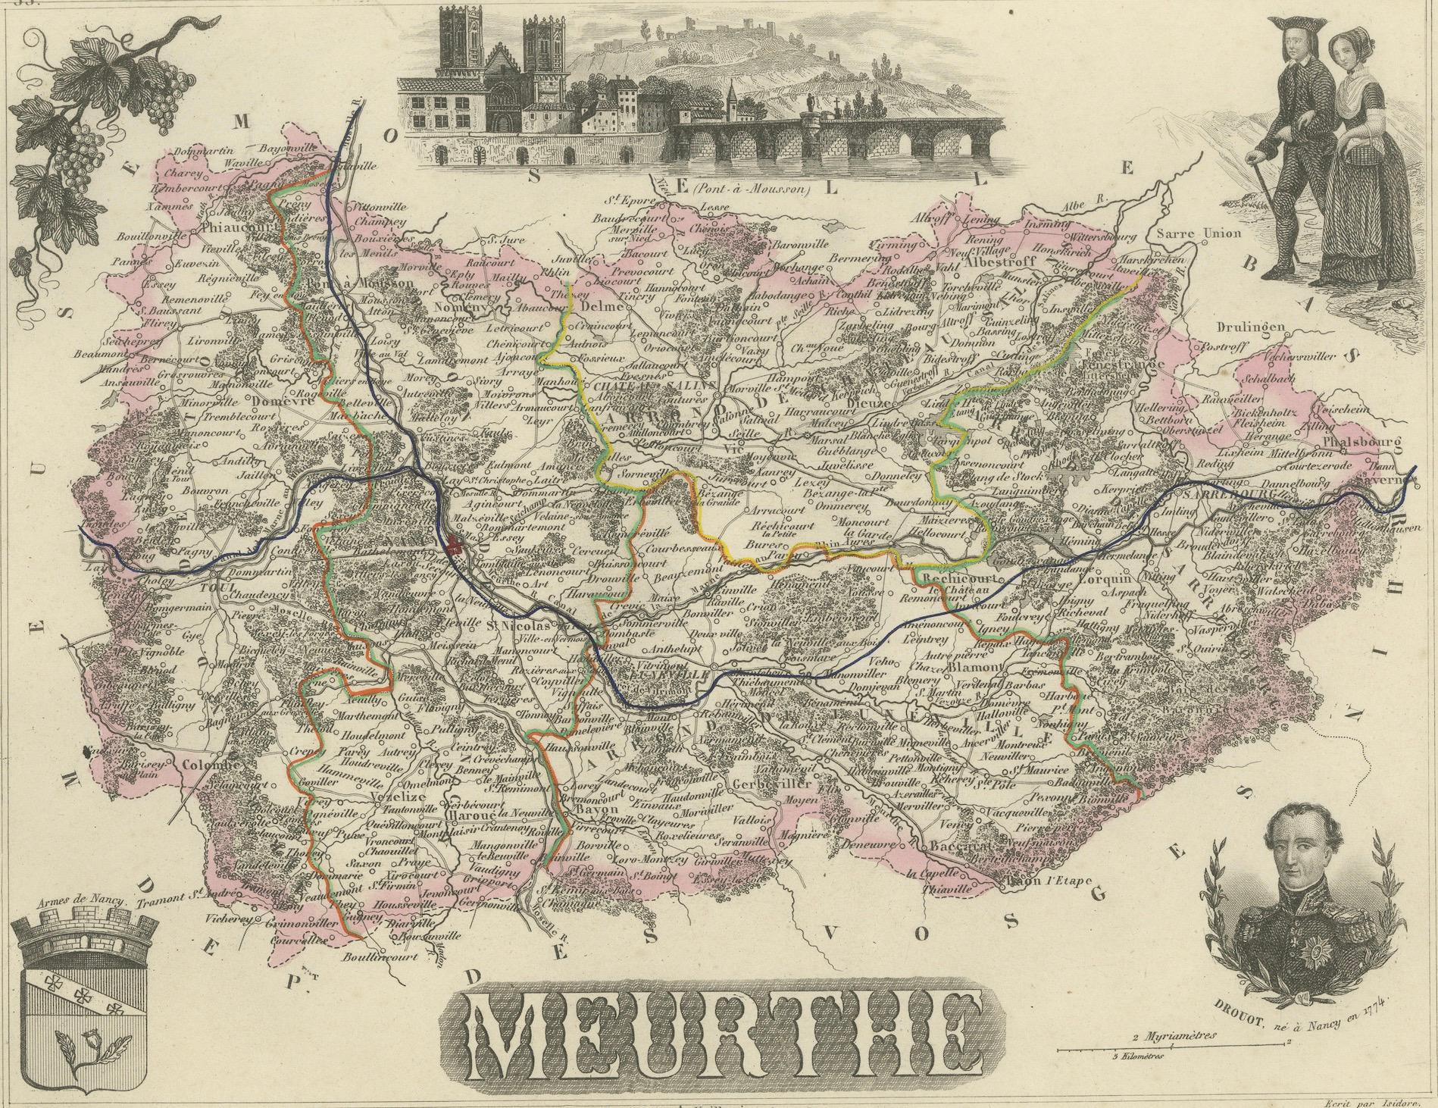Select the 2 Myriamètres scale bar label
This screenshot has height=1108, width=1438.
(x=1174, y=1035)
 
